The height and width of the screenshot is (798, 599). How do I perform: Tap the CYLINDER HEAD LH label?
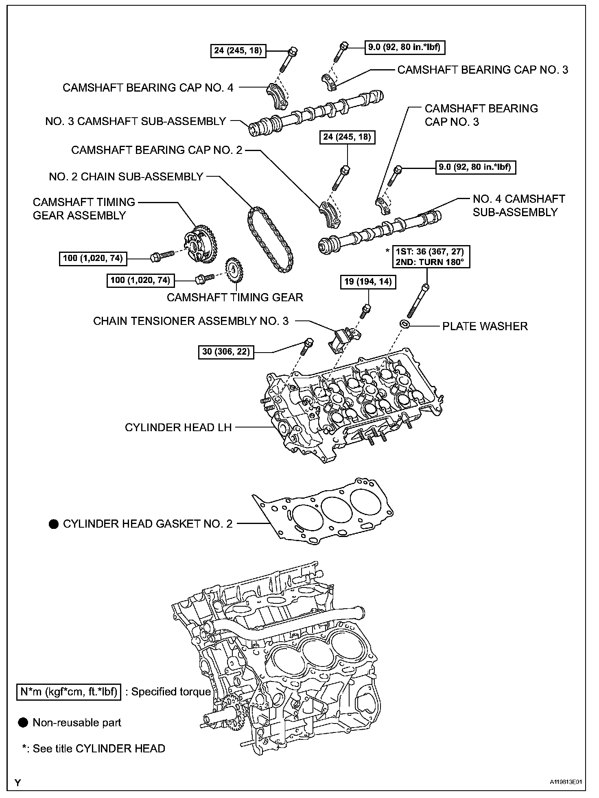178,427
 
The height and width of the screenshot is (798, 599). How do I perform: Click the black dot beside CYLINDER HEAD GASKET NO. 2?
54,524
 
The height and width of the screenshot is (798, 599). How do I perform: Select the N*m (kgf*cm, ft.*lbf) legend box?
69,692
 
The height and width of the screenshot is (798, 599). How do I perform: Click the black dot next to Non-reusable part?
23,723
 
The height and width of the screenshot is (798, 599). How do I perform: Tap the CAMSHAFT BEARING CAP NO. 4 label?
148,88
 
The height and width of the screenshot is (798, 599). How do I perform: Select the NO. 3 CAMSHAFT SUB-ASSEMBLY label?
136,121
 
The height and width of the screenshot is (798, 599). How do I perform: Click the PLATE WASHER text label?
485,326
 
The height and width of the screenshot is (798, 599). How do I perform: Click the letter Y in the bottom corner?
17,783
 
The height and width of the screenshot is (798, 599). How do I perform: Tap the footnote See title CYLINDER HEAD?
94,748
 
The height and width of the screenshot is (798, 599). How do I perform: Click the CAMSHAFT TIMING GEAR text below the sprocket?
235,297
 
